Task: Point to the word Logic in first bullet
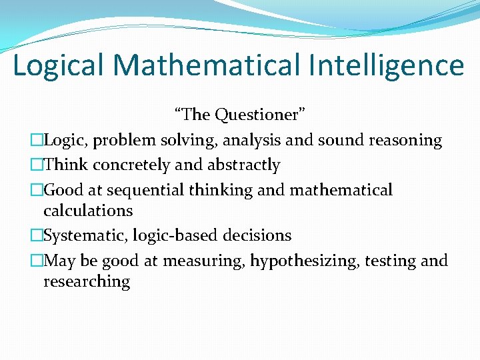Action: pyautogui.click(x=64, y=141)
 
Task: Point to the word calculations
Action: pyautogui.click(x=88, y=211)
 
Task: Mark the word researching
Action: pyautogui.click(x=87, y=281)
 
